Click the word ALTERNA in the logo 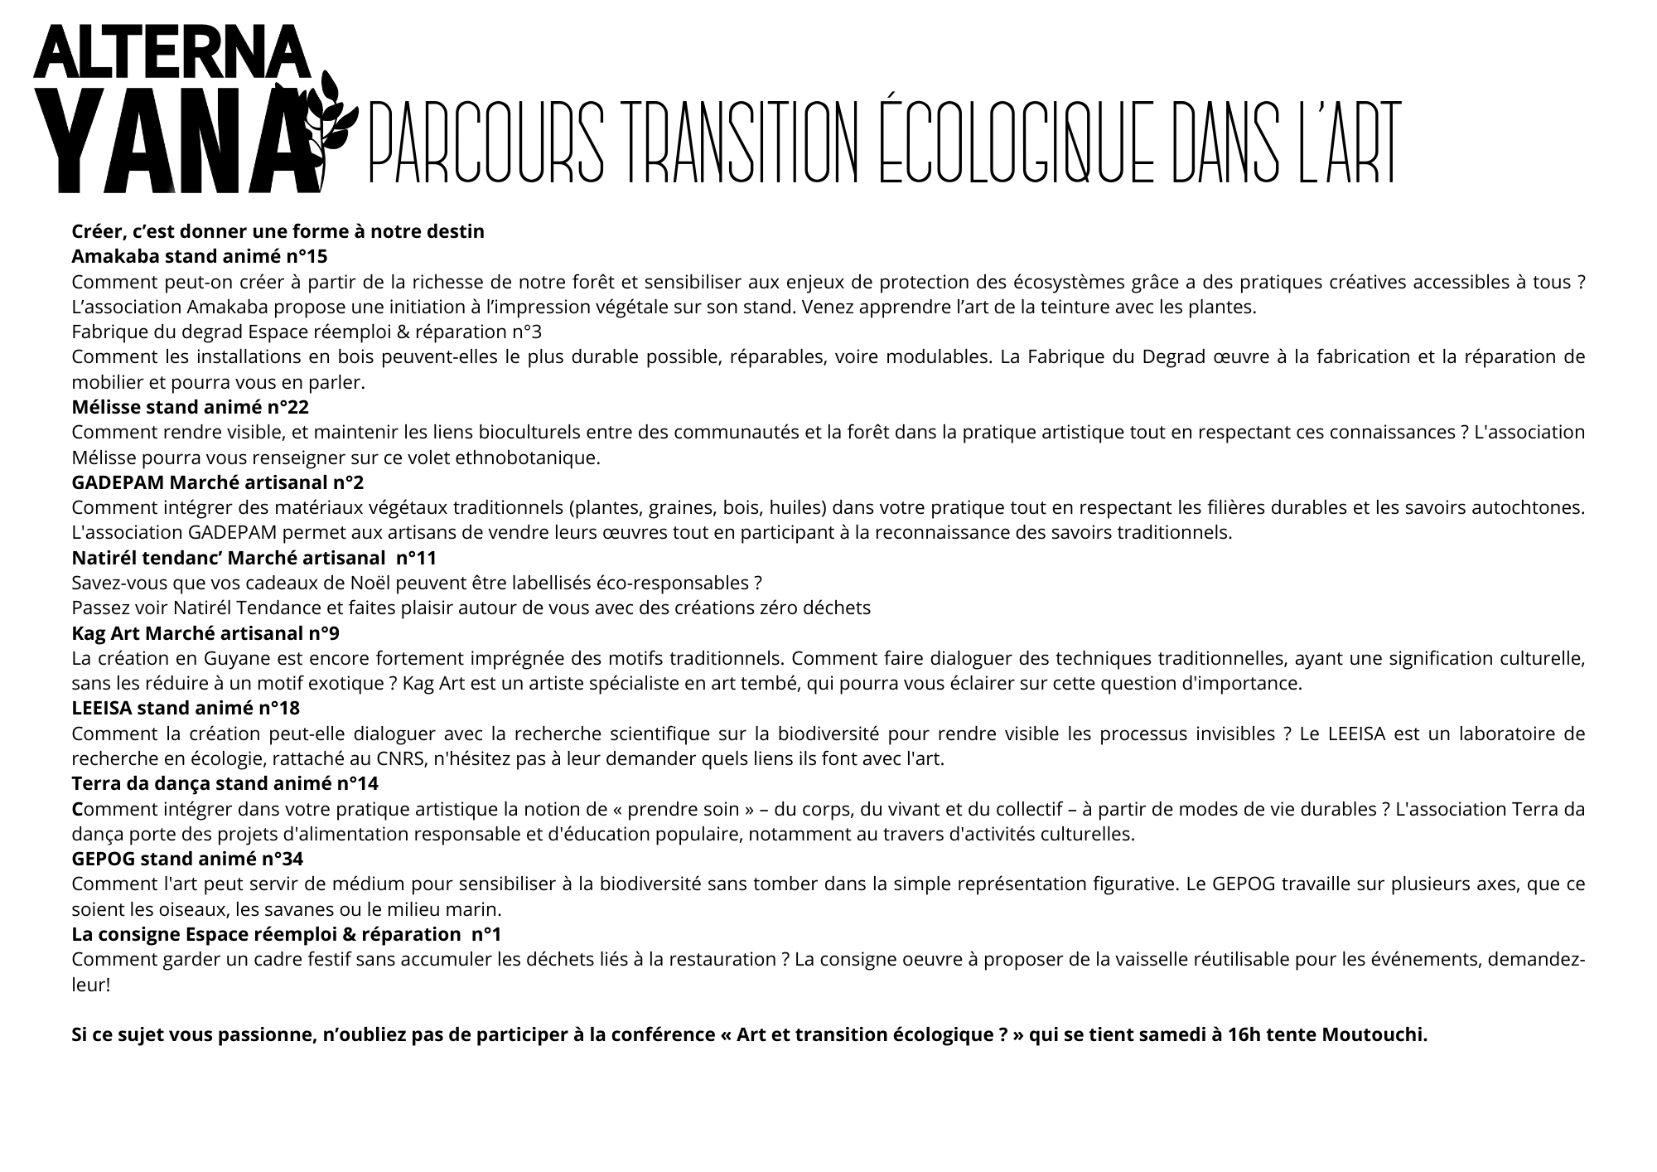point(172,53)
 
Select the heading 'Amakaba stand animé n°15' point(200,256)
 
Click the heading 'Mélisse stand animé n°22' point(191,407)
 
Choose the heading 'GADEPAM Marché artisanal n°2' point(218,482)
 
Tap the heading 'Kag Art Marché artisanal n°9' point(205,633)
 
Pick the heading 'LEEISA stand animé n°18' point(186,709)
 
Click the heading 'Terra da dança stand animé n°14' point(225,784)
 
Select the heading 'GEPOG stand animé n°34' point(187,859)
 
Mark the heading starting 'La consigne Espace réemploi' point(287,934)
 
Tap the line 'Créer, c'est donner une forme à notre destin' point(278,231)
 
